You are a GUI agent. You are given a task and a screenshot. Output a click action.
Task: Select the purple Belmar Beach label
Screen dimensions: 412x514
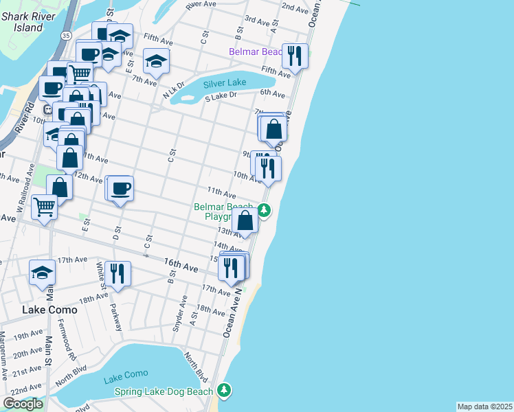(256, 52)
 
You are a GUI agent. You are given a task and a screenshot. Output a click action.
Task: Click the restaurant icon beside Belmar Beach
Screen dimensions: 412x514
(295, 57)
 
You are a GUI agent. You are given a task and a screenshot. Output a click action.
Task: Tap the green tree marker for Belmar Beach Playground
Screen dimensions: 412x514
(262, 210)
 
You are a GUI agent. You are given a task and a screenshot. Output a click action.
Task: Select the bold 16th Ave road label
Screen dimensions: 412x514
(181, 264)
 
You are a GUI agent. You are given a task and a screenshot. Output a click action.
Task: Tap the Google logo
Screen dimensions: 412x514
(23, 404)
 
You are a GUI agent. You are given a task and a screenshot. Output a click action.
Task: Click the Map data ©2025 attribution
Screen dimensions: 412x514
(484, 407)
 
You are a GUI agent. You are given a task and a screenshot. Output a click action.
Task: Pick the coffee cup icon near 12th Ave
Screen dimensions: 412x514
(121, 188)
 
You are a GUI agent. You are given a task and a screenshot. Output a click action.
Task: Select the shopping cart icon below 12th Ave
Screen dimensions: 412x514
(44, 205)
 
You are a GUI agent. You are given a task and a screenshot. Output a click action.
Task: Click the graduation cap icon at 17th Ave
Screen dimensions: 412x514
(42, 272)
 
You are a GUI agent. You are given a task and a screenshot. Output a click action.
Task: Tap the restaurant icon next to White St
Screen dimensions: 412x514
(118, 273)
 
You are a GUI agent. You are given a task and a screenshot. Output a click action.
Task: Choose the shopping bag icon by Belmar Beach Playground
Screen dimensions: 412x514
(245, 220)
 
